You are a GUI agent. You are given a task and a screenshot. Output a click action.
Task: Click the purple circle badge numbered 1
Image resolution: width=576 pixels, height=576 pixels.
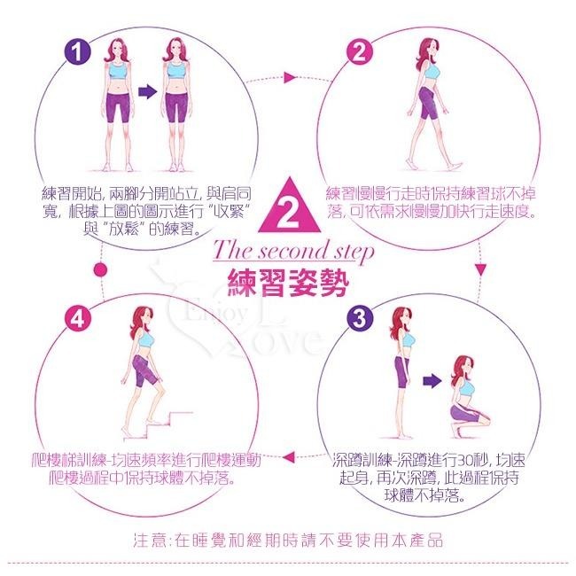click(x=80, y=52)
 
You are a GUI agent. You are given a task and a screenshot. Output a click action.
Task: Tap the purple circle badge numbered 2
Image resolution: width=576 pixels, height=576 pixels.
click(x=360, y=52)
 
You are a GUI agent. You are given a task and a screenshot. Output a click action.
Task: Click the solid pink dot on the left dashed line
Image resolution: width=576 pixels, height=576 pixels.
click(x=99, y=269)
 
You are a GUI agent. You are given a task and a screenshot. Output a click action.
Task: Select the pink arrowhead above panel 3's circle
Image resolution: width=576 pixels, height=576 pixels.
click(x=481, y=268)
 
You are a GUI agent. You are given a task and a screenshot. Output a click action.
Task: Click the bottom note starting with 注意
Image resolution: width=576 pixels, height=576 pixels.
click(x=287, y=539)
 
